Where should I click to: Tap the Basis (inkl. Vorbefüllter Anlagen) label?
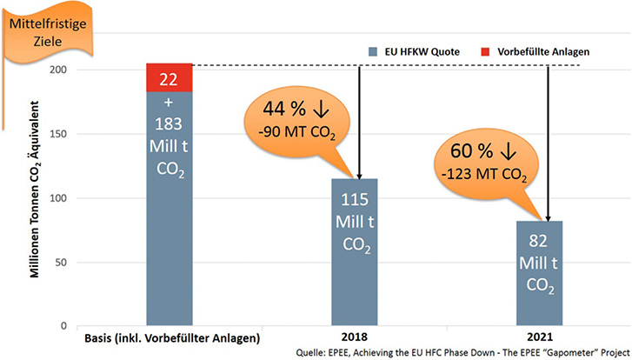click(170, 337)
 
